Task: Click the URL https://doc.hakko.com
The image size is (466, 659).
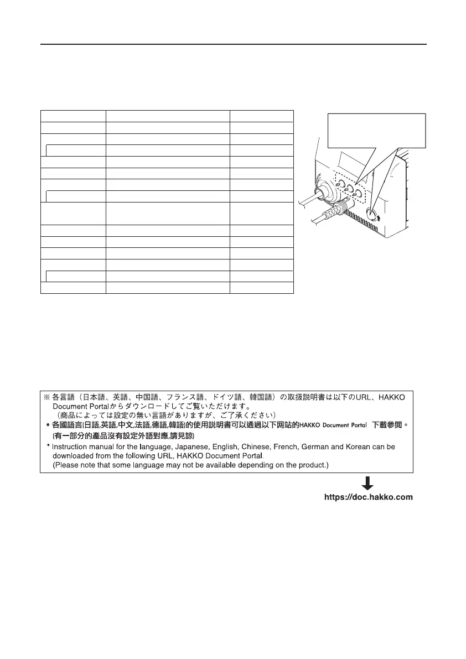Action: tap(368, 497)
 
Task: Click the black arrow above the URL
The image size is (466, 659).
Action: tap(368, 482)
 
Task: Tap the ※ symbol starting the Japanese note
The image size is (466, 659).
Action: tap(47, 397)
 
